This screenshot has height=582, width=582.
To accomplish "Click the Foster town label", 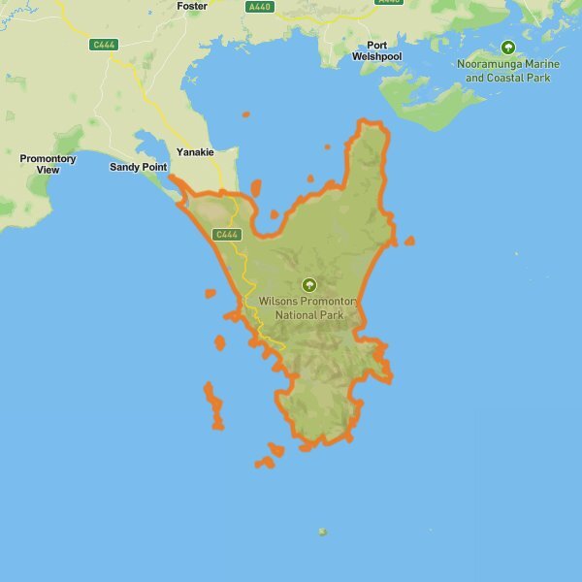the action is [192, 6].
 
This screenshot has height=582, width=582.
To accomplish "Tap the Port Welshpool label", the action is [384, 50].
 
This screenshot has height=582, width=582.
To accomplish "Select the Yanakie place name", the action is [195, 151].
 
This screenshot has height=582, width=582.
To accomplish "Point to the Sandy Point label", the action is [138, 167].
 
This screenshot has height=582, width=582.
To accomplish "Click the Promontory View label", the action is [48, 164].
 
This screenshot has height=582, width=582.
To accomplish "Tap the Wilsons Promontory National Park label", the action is [309, 308].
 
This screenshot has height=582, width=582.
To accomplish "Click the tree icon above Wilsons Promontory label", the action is [309, 284].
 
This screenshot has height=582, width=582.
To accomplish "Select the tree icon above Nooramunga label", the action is [507, 47].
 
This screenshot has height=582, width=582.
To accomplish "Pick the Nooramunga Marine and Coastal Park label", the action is [507, 71].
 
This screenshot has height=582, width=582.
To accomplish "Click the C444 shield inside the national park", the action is [225, 235].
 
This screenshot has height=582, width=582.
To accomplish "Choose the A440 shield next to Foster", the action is [260, 7].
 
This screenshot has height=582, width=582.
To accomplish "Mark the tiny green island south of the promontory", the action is [322, 532].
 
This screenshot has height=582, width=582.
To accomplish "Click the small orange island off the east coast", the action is [409, 241].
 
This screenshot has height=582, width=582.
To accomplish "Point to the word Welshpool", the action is [384, 56].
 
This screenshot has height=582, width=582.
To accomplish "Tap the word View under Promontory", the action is [48, 170].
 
